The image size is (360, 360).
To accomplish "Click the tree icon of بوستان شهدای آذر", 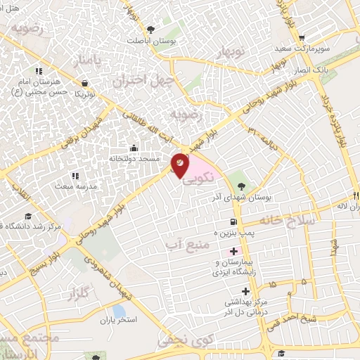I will coord(241,186).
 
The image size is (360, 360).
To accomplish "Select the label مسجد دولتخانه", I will coord(133,159).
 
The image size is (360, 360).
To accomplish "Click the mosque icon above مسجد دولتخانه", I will coord(134,148).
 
